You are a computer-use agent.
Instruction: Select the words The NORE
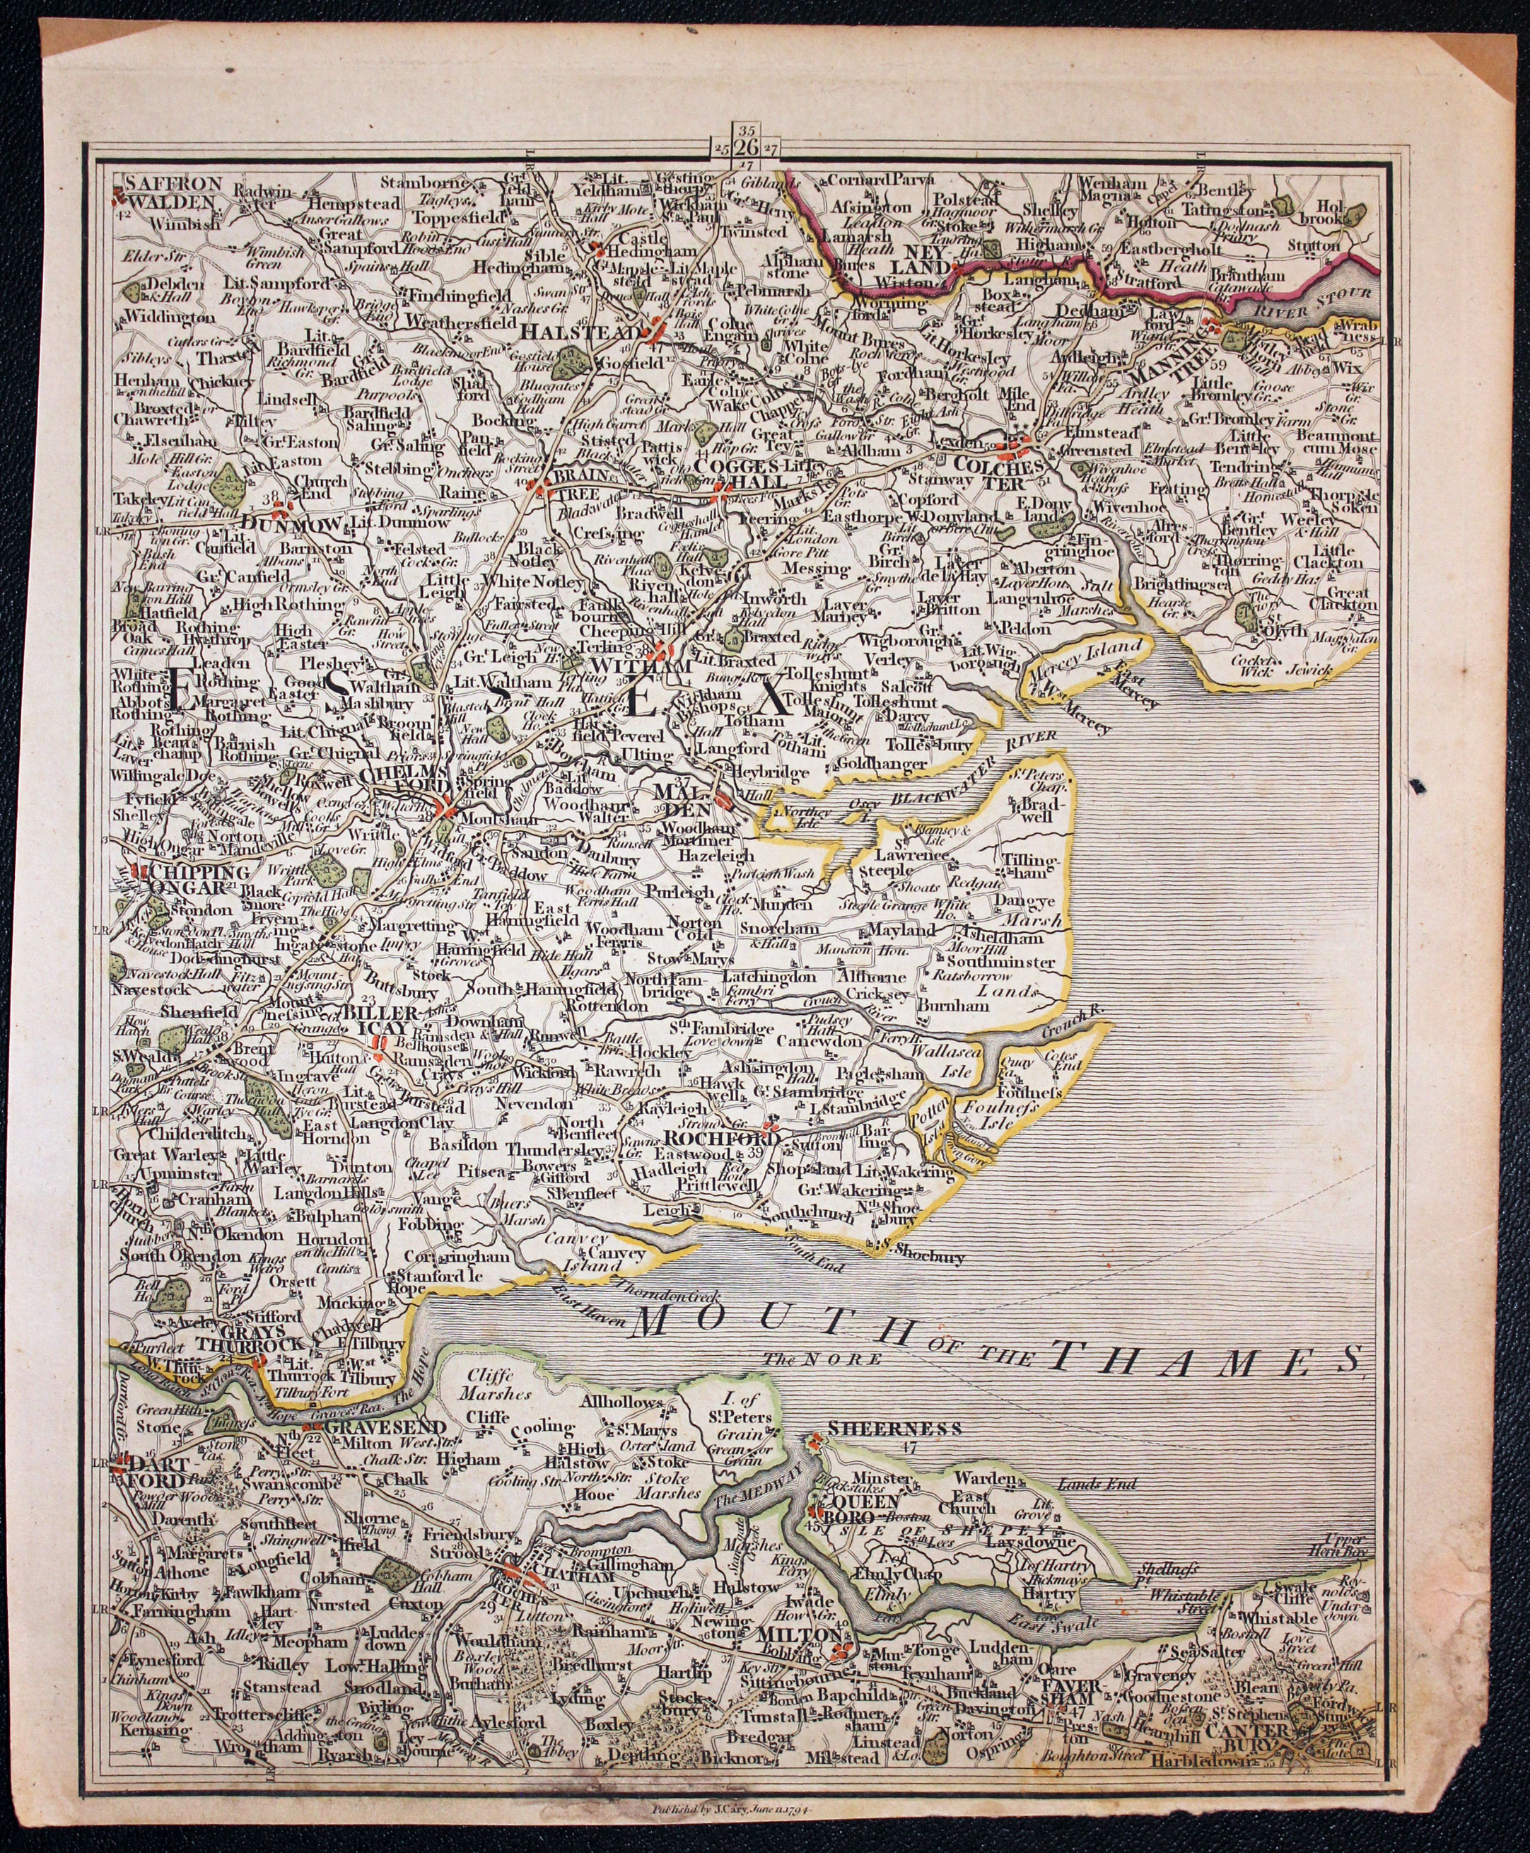pos(822,1359)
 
